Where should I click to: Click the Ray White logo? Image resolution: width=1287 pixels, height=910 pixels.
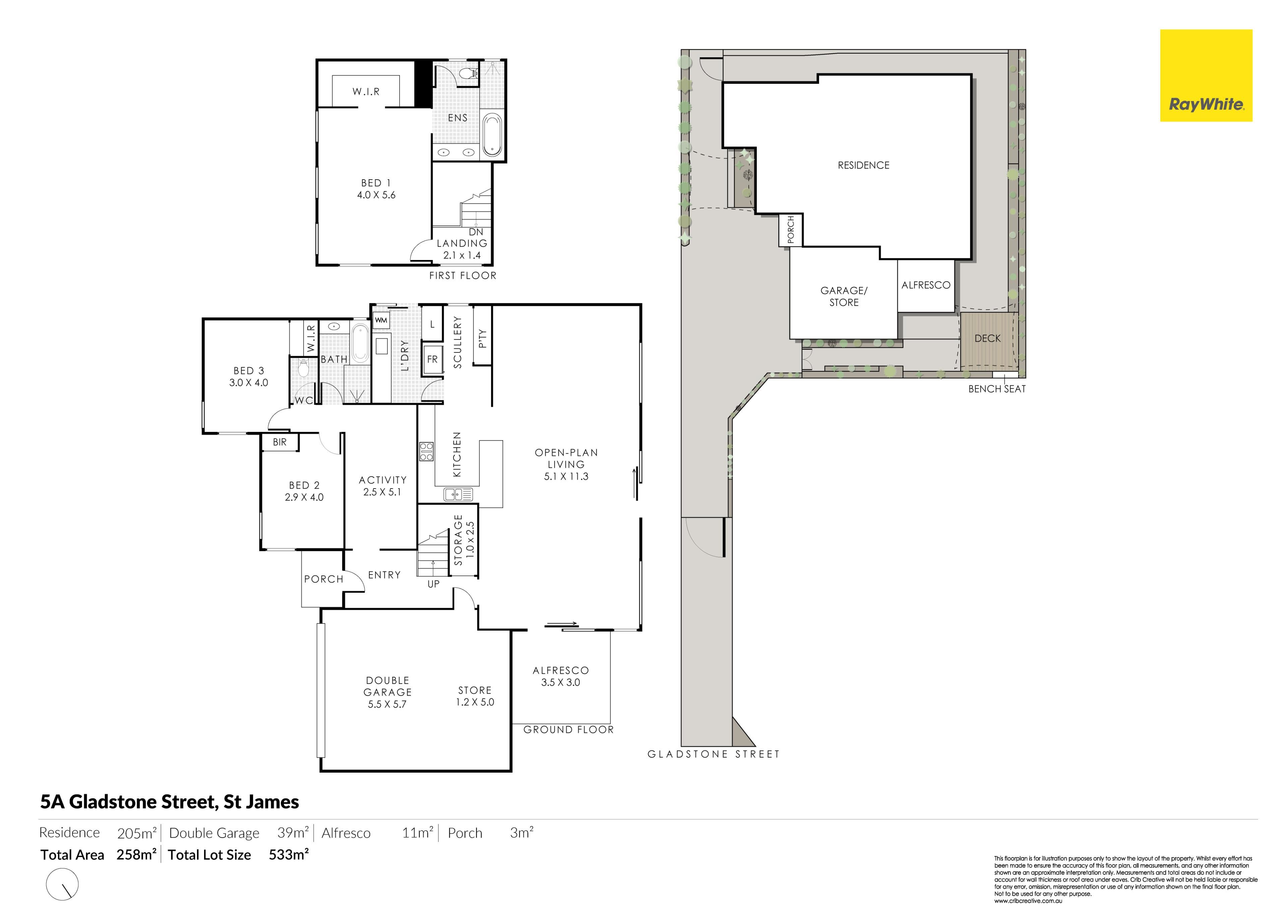click(x=1206, y=76)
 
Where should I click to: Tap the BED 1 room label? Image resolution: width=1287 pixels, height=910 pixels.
click(x=376, y=183)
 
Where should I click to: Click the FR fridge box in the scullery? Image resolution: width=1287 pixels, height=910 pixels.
click(x=432, y=359)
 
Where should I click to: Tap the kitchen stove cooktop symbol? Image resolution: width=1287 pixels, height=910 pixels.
click(x=426, y=452)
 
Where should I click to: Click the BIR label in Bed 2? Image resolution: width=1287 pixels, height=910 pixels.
click(x=280, y=442)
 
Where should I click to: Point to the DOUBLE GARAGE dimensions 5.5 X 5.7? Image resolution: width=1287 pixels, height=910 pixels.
click(x=387, y=704)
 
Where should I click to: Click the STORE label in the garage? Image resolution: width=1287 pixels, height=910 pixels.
click(x=475, y=690)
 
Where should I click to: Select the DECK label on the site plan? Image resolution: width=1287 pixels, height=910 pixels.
click(x=988, y=338)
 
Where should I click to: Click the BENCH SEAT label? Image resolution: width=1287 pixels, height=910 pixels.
click(x=997, y=389)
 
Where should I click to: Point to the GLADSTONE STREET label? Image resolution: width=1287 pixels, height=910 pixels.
click(x=714, y=754)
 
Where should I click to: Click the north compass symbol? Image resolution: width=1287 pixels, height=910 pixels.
click(x=63, y=884)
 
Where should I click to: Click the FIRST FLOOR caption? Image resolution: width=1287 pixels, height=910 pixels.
click(x=463, y=276)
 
